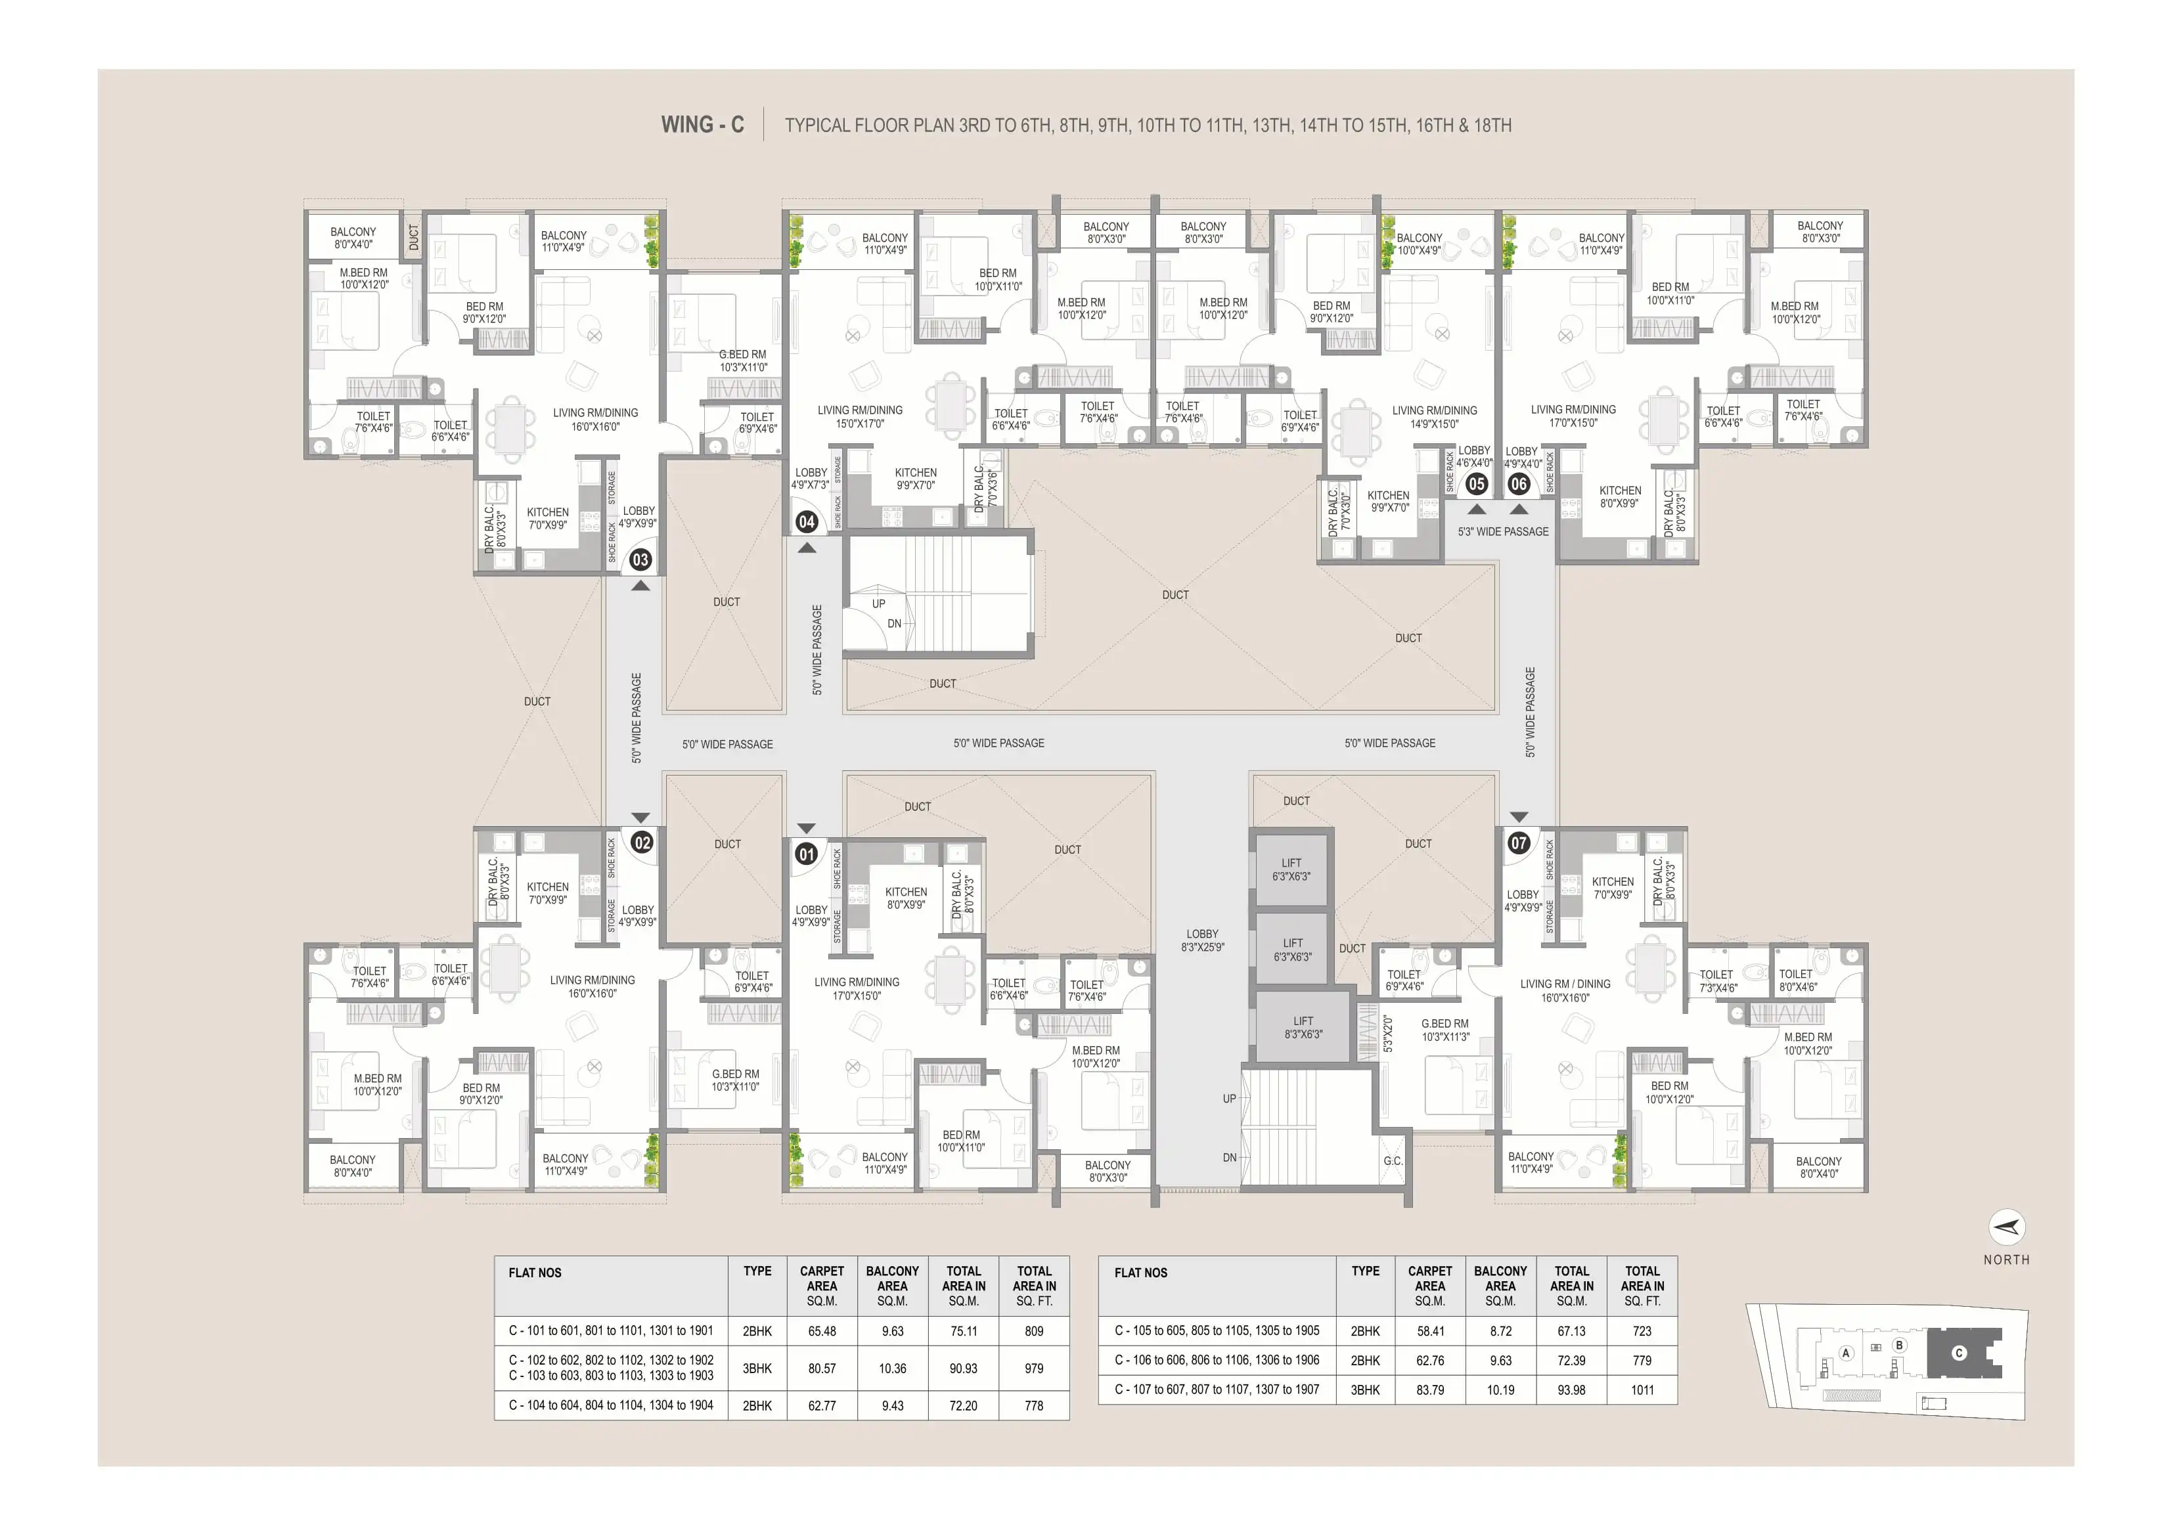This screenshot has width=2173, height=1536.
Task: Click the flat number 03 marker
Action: click(640, 560)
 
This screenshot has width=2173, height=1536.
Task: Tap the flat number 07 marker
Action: click(1519, 843)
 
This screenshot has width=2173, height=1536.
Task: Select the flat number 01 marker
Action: click(807, 854)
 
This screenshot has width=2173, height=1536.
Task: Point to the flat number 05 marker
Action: click(1477, 483)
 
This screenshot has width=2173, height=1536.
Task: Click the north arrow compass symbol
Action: click(2006, 1227)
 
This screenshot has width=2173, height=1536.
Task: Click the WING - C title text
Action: click(702, 125)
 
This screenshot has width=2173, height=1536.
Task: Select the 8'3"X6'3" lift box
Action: click(1303, 1027)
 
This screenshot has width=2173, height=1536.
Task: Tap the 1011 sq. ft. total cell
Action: click(1642, 1390)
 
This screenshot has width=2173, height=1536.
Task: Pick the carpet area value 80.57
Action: click(822, 1369)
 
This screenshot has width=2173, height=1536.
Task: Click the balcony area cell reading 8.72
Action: click(1500, 1330)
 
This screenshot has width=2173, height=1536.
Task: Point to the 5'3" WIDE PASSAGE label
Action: click(1503, 532)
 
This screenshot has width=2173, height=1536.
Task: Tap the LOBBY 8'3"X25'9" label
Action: click(1203, 940)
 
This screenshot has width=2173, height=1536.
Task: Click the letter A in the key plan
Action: click(1845, 1353)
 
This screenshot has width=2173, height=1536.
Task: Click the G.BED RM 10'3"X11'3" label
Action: click(1445, 1030)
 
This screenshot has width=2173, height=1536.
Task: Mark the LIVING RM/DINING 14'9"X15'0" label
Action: click(1434, 418)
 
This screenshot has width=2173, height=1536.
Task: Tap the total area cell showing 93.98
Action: click(1571, 1390)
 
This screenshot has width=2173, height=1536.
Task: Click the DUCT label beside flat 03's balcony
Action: click(414, 238)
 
